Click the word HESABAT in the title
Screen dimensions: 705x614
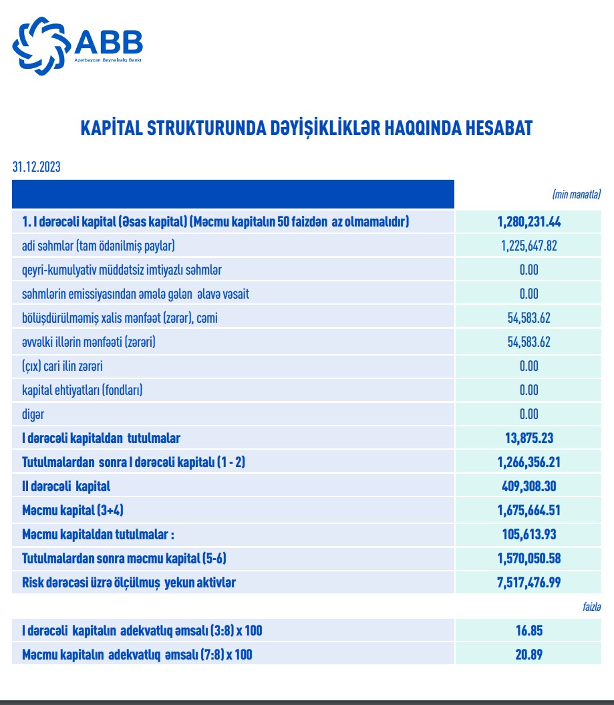(496, 128)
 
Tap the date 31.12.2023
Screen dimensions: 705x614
(36, 167)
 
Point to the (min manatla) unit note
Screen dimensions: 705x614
(577, 194)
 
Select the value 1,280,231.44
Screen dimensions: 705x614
(528, 221)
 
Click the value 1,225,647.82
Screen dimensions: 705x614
(528, 245)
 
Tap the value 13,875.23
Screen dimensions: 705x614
(528, 438)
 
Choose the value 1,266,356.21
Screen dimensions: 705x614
(528, 462)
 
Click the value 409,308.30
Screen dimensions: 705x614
(528, 486)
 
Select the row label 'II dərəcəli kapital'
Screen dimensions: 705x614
(66, 486)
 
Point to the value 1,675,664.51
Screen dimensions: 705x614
(528, 511)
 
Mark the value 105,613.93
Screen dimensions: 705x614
(528, 535)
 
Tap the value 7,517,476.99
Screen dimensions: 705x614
(528, 583)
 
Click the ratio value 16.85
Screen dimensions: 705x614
(528, 631)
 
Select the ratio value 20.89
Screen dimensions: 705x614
(528, 655)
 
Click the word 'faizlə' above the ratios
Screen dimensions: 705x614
(591, 607)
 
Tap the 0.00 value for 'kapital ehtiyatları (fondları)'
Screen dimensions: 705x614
(528, 390)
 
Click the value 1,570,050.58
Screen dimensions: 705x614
(528, 559)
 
